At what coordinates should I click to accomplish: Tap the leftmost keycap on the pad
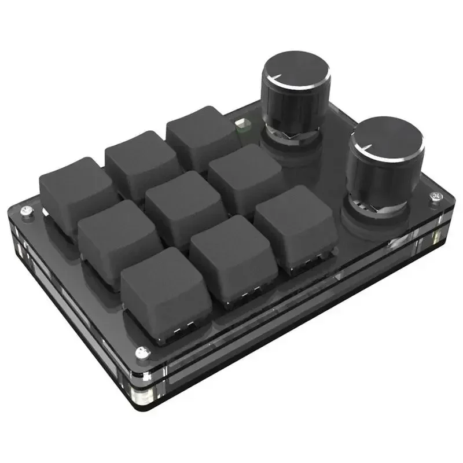[x=75, y=185]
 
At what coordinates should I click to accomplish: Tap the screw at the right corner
[x=435, y=197]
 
